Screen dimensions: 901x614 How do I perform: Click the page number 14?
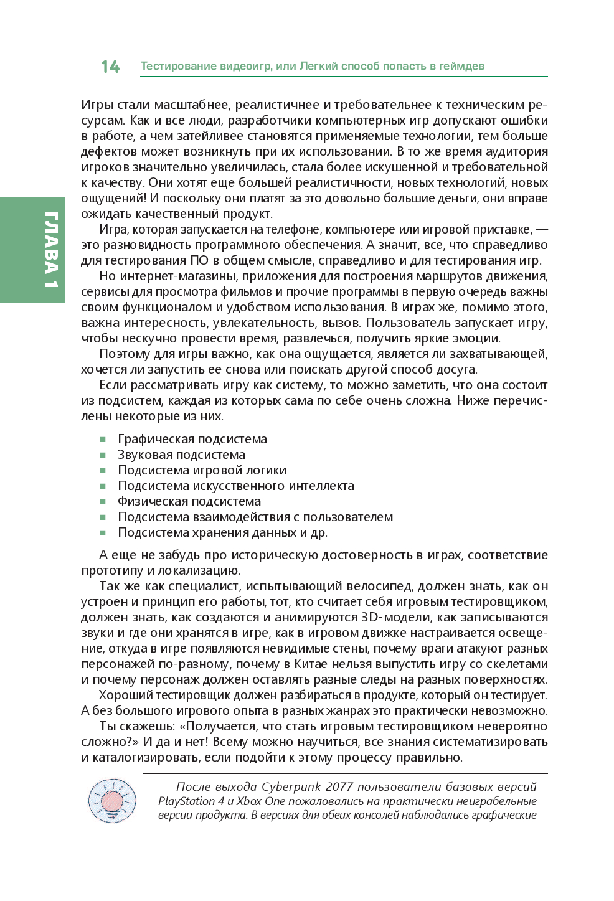click(x=110, y=67)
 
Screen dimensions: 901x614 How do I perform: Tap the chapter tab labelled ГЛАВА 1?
click(x=50, y=250)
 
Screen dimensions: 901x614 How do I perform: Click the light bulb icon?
click(x=112, y=800)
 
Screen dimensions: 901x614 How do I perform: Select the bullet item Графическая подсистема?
click(x=192, y=439)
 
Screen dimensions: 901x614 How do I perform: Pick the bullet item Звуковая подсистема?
click(x=181, y=455)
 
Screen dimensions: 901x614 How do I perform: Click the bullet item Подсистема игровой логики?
click(x=202, y=470)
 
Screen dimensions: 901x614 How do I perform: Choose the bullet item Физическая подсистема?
click(x=189, y=501)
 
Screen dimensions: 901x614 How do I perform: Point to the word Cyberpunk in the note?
click(x=290, y=786)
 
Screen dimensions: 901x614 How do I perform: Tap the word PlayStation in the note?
click(x=186, y=801)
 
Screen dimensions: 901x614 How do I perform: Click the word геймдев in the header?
click(x=461, y=66)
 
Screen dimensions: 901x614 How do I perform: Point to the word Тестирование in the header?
click(x=178, y=66)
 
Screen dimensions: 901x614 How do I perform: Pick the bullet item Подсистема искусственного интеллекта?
click(x=235, y=486)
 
